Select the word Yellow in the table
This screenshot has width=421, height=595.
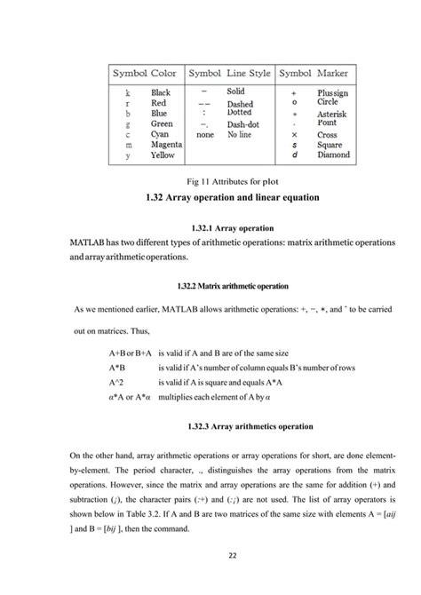point(163,155)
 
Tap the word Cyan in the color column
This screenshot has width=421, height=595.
point(161,134)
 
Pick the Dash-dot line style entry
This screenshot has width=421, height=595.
point(242,124)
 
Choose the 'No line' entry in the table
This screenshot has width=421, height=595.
point(239,134)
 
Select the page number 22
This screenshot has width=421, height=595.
point(210,557)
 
